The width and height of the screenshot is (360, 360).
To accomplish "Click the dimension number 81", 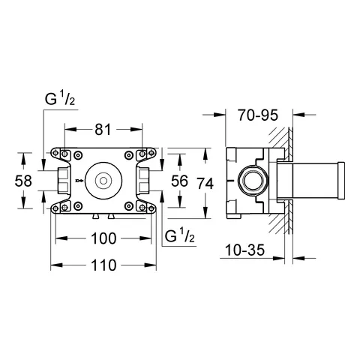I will tap(103, 130).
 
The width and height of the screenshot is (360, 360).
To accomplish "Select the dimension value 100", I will tap(103, 238).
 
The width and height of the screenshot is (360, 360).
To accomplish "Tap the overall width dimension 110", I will tap(103, 265).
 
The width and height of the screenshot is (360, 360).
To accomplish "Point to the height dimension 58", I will tap(24, 180).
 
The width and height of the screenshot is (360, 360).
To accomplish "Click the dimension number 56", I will tap(180, 180).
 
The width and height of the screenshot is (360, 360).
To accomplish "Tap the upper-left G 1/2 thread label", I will tap(59, 97).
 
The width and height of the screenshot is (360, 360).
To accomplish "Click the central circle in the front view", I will tap(103, 180).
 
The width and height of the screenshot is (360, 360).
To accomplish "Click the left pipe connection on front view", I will tap(63, 180).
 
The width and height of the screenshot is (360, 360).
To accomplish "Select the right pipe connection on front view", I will tap(143, 180).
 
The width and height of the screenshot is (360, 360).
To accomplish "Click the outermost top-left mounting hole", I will tap(55, 154).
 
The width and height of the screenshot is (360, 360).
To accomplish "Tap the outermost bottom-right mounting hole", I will tap(152, 206).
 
